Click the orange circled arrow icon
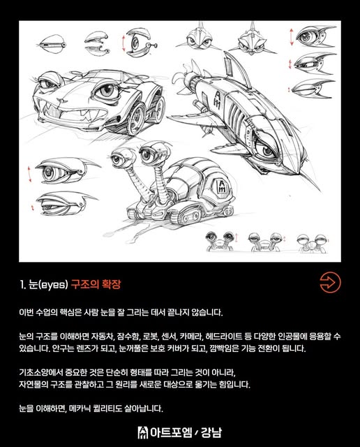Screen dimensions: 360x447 tap(330, 282)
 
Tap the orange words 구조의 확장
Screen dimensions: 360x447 tap(96, 284)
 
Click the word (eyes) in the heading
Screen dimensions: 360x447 tap(53, 284)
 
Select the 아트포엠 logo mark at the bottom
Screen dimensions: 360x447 tap(143, 432)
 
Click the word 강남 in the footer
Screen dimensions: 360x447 tap(211, 432)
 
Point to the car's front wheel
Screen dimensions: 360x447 tap(136, 118)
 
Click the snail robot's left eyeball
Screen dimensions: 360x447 tap(117, 158)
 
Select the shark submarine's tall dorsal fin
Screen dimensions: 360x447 tap(237, 68)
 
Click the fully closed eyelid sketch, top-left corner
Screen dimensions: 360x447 tap(52, 45)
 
